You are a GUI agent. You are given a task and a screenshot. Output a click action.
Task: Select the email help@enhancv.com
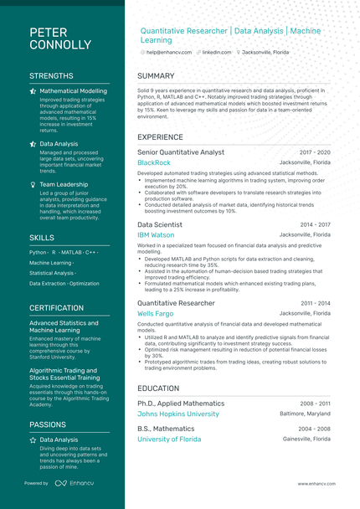click(x=168, y=52)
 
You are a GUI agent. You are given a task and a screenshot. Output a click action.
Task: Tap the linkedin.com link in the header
click(x=216, y=52)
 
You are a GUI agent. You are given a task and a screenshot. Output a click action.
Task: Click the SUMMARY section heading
click(x=156, y=76)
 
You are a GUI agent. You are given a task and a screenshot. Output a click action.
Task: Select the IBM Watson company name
click(x=156, y=235)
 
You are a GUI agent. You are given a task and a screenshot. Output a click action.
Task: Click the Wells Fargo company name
click(x=156, y=313)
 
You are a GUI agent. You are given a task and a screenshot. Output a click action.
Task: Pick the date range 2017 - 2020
click(x=315, y=152)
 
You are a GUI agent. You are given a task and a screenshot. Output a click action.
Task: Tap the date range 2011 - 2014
click(x=315, y=303)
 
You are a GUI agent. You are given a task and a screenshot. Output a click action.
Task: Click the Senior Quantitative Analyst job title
click(x=181, y=152)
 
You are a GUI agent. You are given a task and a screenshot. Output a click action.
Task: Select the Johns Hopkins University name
click(x=178, y=414)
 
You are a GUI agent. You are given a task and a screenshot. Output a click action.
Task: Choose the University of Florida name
click(x=169, y=439)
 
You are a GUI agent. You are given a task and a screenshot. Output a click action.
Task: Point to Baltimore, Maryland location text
click(x=305, y=414)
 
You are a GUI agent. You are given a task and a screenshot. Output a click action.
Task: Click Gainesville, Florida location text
click(x=306, y=439)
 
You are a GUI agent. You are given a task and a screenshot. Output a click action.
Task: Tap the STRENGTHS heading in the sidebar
click(x=51, y=76)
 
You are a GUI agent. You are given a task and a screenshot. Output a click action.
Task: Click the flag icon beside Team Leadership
click(x=33, y=184)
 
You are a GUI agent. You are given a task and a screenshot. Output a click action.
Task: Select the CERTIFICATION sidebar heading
click(x=56, y=308)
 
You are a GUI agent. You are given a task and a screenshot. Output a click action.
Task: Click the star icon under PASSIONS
click(x=33, y=440)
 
